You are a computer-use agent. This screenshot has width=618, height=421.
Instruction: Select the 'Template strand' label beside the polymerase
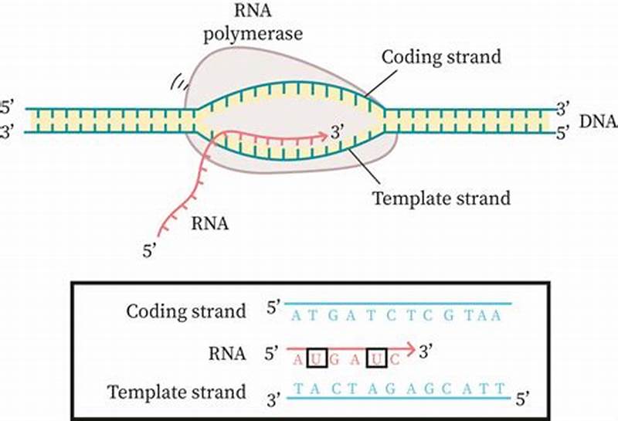click(441, 198)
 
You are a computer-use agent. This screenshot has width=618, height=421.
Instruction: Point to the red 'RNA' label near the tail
click(209, 224)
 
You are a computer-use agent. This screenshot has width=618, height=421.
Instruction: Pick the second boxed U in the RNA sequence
click(376, 360)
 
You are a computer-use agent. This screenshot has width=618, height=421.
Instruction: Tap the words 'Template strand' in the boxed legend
click(177, 391)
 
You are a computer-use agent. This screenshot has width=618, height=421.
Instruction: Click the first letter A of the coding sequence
click(294, 316)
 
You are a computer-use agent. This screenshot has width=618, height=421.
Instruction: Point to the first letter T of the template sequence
click(294, 389)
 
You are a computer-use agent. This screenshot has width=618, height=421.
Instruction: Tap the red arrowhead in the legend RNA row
click(411, 348)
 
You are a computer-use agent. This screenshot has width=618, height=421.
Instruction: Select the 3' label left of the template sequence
click(273, 399)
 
